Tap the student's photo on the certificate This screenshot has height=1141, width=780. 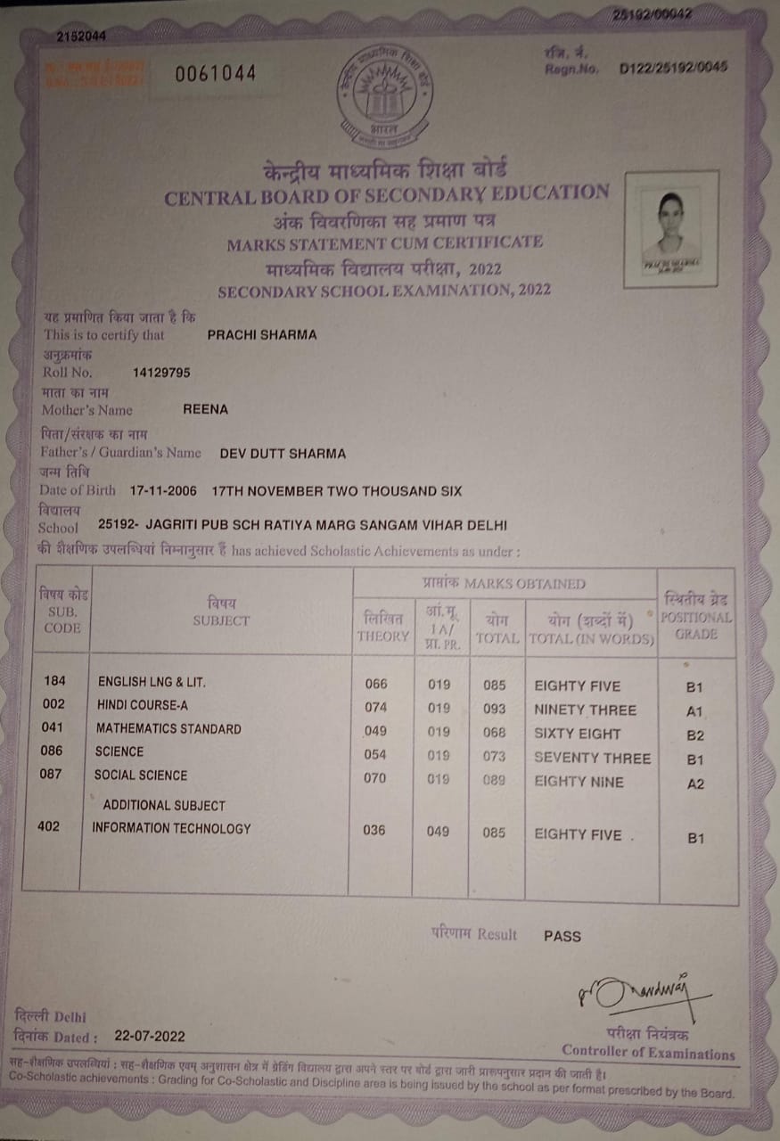point(671,229)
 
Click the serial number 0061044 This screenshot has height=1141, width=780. point(215,74)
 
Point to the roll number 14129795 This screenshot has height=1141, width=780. point(160,373)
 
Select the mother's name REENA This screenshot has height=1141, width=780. point(206,409)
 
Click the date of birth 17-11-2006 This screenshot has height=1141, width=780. point(166,491)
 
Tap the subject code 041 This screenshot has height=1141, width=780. point(53,727)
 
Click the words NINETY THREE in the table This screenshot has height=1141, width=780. point(585,710)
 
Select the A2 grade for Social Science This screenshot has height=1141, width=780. point(695,784)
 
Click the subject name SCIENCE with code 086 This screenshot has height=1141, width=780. point(119,751)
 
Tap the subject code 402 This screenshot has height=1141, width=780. point(49,826)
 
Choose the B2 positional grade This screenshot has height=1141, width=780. point(695,735)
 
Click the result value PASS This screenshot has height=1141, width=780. point(562,936)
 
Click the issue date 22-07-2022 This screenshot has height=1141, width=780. point(150,1036)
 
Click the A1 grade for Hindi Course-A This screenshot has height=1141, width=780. point(695,711)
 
